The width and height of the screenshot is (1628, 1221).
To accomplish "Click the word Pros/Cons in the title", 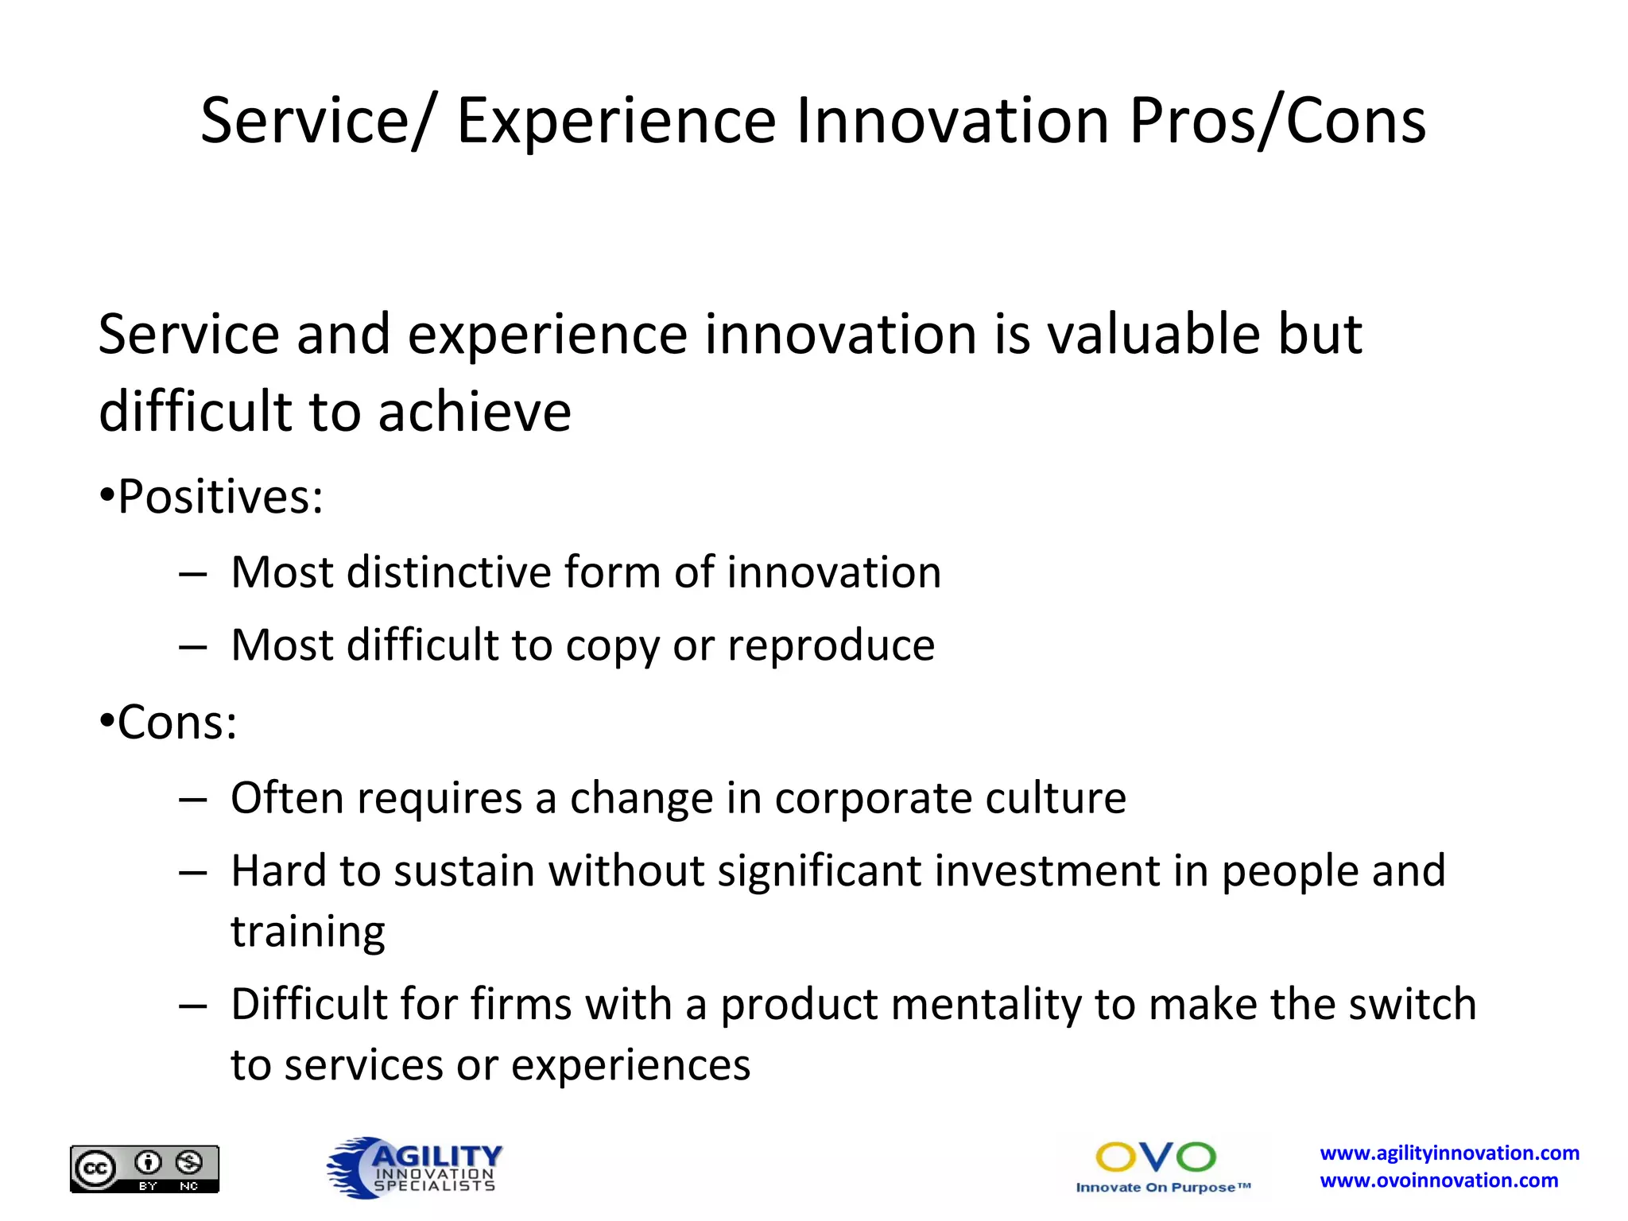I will pyautogui.click(x=1277, y=122).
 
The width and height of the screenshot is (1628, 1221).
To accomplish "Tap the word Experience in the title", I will pyautogui.click(x=616, y=122).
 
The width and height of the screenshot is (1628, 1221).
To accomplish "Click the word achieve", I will pyautogui.click(x=475, y=412).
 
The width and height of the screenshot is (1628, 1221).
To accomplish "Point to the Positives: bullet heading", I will pyautogui.click(x=219, y=497).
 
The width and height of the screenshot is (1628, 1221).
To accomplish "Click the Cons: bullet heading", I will pyautogui.click(x=176, y=723).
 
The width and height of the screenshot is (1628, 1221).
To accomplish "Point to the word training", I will pyautogui.click(x=308, y=932).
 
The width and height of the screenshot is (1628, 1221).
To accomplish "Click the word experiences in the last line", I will pyautogui.click(x=630, y=1065).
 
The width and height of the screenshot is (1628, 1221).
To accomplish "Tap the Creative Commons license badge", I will pyautogui.click(x=144, y=1169).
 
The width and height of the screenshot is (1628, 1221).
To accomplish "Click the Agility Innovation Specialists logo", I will pyautogui.click(x=414, y=1168).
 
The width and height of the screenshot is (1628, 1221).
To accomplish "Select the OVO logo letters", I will pyautogui.click(x=1155, y=1157).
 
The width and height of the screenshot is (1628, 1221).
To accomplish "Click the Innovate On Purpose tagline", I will pyautogui.click(x=1162, y=1188).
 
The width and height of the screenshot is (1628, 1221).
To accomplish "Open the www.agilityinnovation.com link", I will pyautogui.click(x=1449, y=1153).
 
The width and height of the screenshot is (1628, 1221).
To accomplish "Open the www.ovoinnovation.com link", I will pyautogui.click(x=1439, y=1180).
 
